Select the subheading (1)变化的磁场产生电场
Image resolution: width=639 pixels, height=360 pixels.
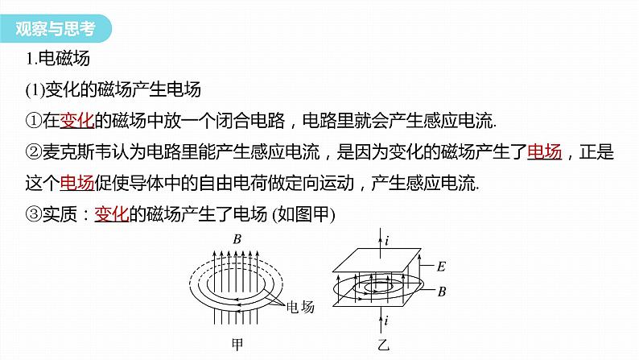pos(115,89)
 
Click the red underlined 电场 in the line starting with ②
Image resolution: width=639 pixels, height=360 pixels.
pos(545,151)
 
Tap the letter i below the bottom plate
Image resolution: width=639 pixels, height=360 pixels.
pos(386,321)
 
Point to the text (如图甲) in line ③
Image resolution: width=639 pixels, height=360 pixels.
pos(310,214)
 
